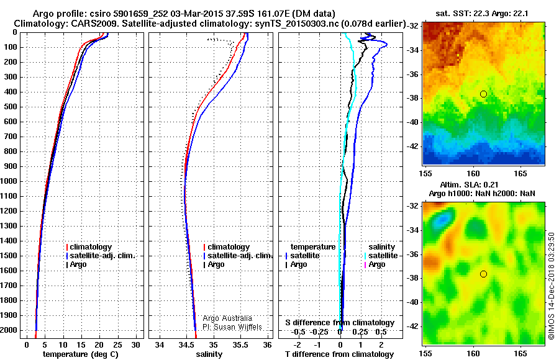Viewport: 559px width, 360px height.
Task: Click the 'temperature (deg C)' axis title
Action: (80, 354)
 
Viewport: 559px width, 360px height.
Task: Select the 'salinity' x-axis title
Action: (209, 354)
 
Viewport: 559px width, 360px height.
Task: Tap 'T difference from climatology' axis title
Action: (339, 354)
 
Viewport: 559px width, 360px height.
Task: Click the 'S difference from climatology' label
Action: (339, 323)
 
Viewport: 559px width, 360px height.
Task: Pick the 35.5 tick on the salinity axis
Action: (240, 345)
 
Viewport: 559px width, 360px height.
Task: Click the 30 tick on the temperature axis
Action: (136, 345)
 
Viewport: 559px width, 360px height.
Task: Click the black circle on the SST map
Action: (483, 94)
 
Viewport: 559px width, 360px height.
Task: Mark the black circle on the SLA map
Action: (483, 274)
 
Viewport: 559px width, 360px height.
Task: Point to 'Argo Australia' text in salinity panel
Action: (229, 318)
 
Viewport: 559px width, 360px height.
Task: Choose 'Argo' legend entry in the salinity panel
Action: (216, 264)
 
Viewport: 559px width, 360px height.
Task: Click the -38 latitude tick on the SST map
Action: (412, 98)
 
